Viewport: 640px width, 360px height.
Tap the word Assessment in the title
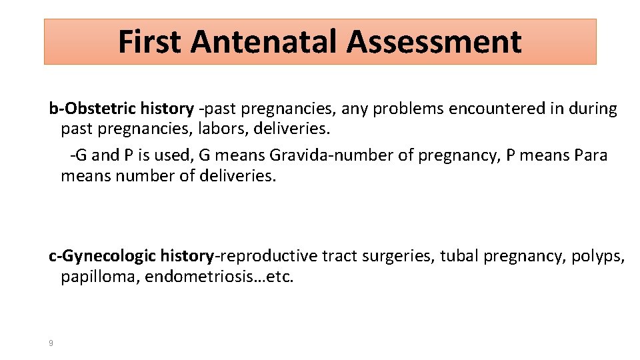click(434, 41)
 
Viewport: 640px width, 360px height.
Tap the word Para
click(592, 155)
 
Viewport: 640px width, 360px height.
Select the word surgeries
click(397, 256)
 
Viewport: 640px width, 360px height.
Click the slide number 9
click(51, 343)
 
